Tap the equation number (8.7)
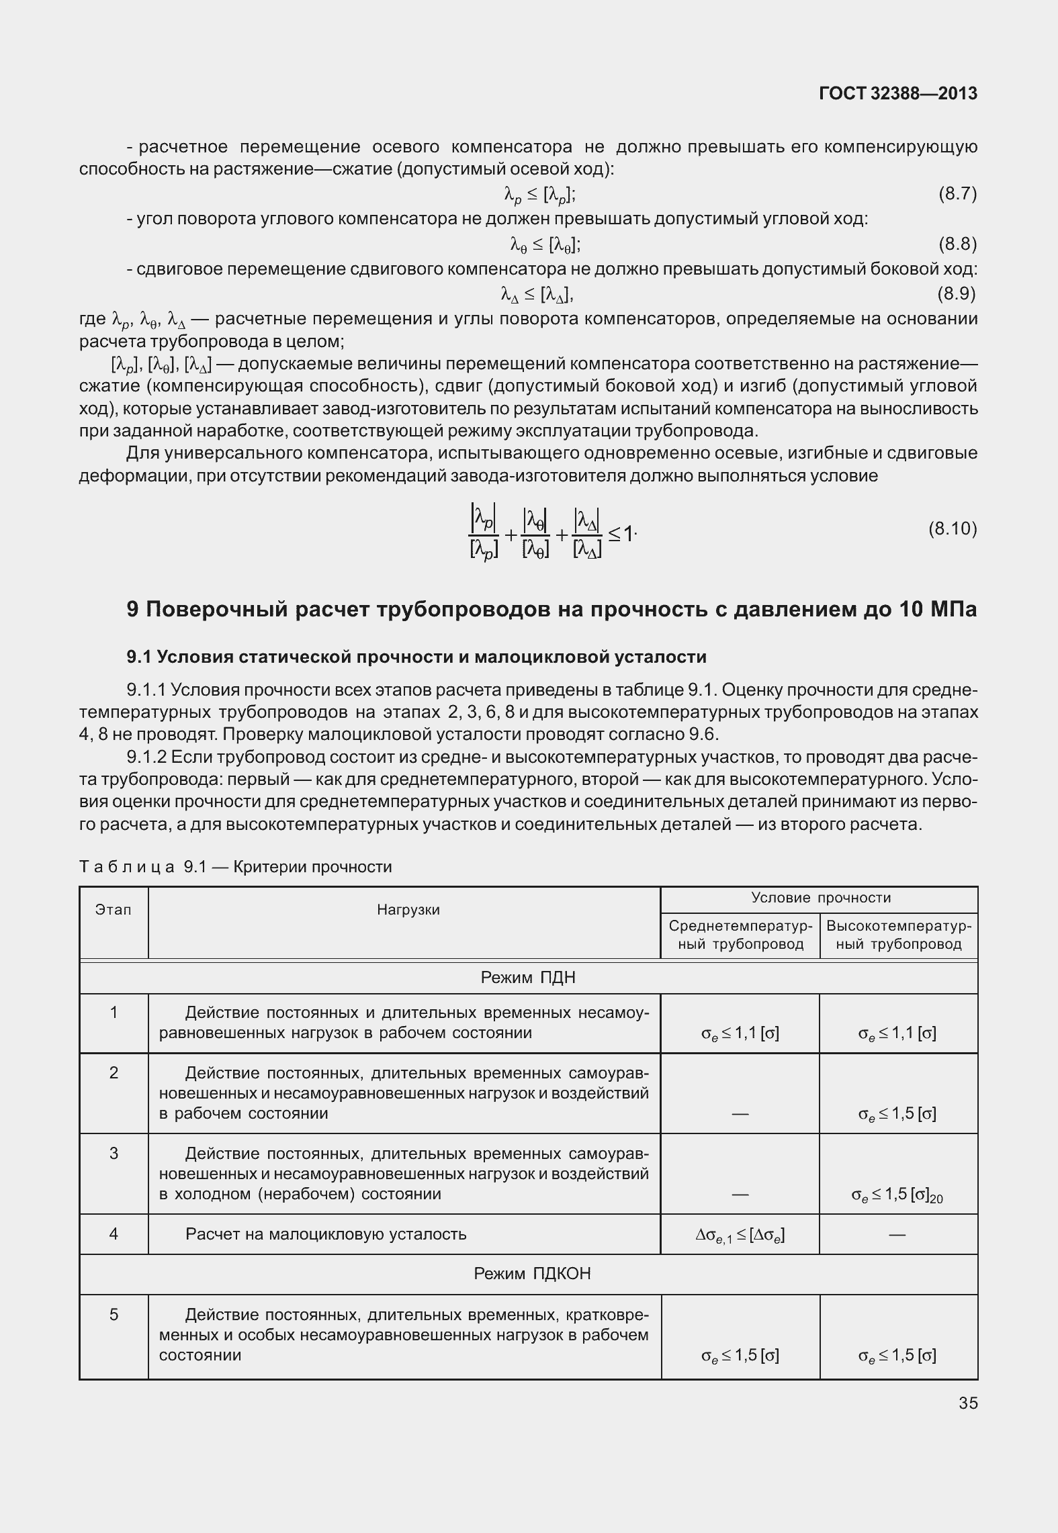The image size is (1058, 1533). [x=957, y=194]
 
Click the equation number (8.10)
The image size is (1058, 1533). [x=953, y=528]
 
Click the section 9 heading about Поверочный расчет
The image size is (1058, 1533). [x=552, y=609]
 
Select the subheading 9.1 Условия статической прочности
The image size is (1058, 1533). [x=416, y=656]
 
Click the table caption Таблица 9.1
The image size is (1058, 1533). [x=235, y=867]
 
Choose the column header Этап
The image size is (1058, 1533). [x=113, y=910]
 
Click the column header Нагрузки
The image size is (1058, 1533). [x=408, y=910]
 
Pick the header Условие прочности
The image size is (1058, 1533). [x=820, y=898]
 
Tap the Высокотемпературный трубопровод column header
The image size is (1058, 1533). [x=899, y=935]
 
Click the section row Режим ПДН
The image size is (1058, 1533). [x=528, y=977]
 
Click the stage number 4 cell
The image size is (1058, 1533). [x=114, y=1234]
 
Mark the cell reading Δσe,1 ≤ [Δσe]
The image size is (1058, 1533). [x=740, y=1234]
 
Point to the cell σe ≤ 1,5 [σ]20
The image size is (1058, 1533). [x=897, y=1195]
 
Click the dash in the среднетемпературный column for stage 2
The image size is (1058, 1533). [x=740, y=1114]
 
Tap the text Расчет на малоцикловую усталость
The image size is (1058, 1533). [x=326, y=1234]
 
